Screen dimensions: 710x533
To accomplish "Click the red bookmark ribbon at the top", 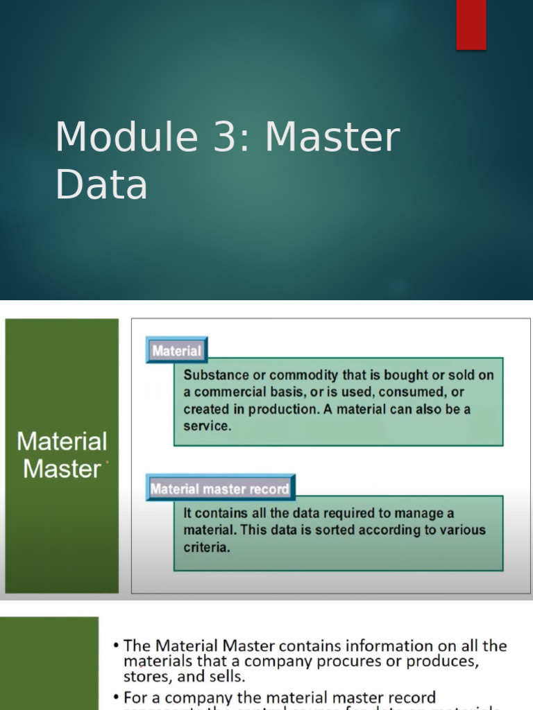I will tap(471, 24).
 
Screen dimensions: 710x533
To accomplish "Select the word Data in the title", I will tap(101, 185).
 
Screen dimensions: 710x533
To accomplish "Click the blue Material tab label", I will tap(176, 351).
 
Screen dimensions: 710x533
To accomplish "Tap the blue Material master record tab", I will tap(220, 489).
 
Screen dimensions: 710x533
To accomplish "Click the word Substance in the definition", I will tap(215, 375).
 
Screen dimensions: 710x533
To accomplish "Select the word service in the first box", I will tap(205, 426).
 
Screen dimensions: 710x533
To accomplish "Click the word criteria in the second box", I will tap(205, 547).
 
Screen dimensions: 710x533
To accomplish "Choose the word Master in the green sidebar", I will tap(62, 469).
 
